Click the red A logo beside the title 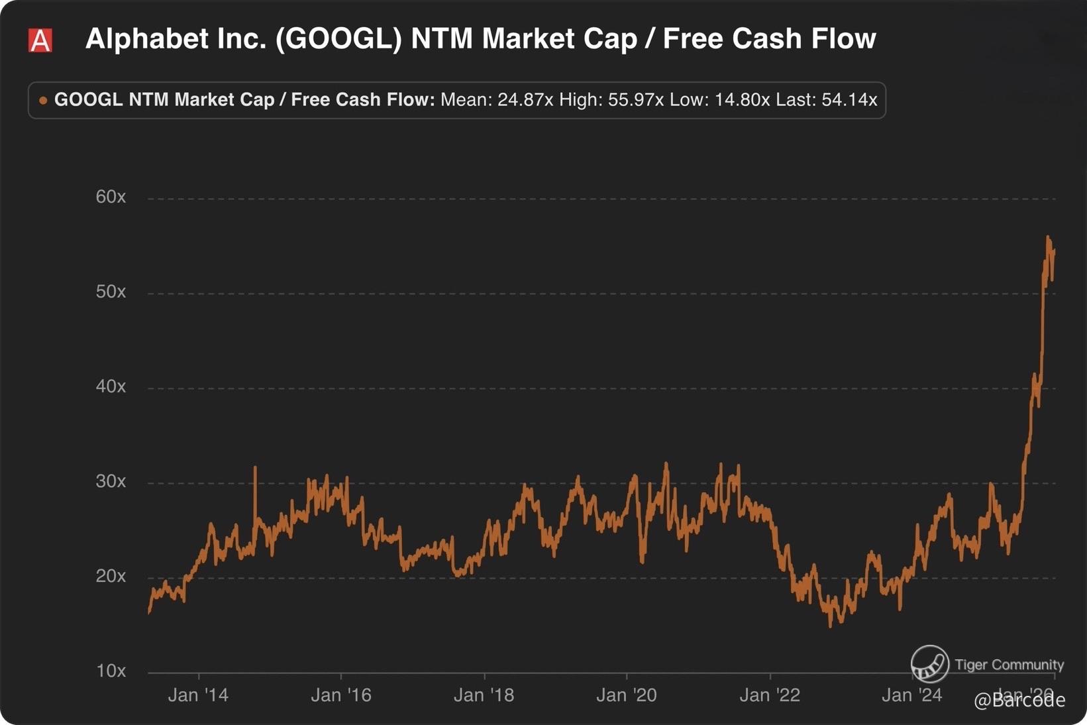[x=40, y=40]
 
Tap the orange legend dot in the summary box [x=43, y=101]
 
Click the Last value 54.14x [x=849, y=100]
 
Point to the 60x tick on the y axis [x=111, y=197]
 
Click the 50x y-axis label [x=111, y=292]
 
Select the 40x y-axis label [x=111, y=386]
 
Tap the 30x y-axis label [x=111, y=481]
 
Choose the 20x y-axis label [x=111, y=576]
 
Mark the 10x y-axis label [x=111, y=671]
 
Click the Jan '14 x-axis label [x=198, y=695]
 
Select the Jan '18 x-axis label [x=484, y=695]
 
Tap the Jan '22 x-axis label [x=770, y=695]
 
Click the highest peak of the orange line [x=1048, y=237]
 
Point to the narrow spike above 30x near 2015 [x=255, y=469]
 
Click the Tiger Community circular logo [x=929, y=664]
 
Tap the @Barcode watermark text [x=1019, y=700]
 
